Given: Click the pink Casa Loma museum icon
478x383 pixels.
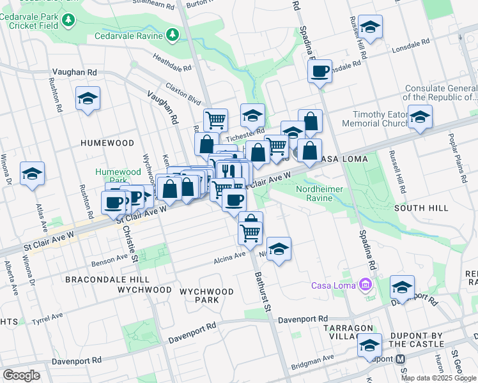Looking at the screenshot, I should coord(365,284).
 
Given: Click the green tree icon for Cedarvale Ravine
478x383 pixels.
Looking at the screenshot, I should coord(173,34).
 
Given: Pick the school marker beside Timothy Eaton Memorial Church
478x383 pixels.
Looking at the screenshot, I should coord(420,117).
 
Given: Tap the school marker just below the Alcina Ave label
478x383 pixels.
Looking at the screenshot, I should coord(278,250).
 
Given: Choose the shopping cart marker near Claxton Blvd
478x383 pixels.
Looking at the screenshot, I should coord(216,119).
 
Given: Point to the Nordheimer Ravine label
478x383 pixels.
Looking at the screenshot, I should coord(320,193).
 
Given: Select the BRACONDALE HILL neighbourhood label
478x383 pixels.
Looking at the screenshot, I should coord(107,280).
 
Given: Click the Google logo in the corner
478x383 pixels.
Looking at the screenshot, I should coord(21,375).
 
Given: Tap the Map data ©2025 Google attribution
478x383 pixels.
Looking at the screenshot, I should coord(438,378).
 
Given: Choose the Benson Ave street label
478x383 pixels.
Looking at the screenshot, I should coord(110,259).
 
